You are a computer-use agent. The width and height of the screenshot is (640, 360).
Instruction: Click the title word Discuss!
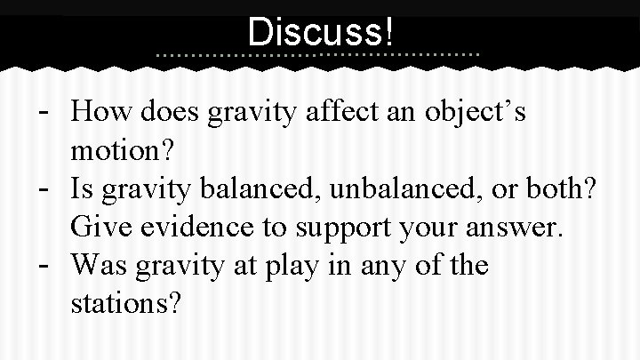point(320,32)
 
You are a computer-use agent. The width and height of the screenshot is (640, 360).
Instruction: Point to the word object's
point(477,114)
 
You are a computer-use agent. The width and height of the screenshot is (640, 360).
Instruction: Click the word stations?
point(126,304)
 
